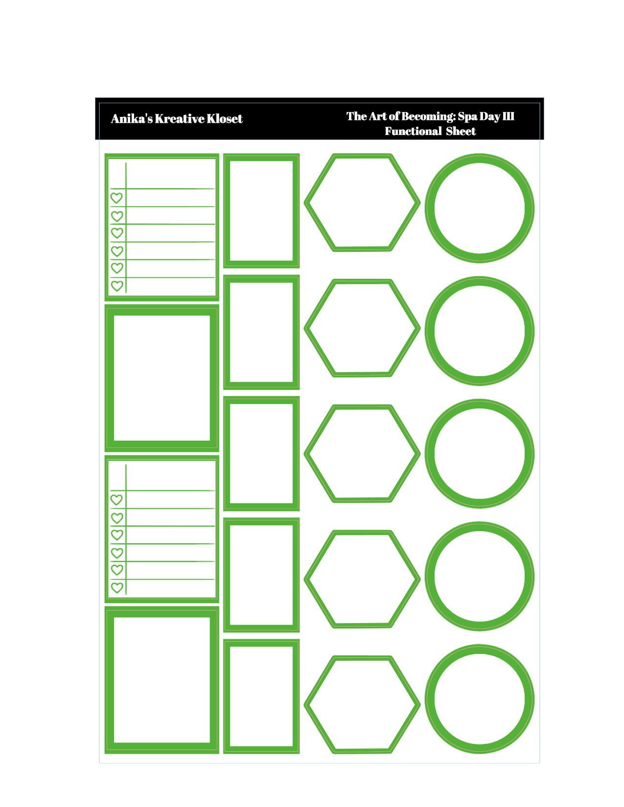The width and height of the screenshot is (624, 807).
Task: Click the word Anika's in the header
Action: pos(132,118)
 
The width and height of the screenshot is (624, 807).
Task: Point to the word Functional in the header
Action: pos(413,131)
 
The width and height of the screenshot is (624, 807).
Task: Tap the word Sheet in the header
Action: pos(461,131)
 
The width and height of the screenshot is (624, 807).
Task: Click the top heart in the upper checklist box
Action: pos(116,198)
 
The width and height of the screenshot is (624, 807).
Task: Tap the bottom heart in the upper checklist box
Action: pos(117,286)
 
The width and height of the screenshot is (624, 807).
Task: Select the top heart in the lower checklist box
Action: pos(116,500)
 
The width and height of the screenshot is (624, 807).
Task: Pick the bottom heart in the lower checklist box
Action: pos(117,587)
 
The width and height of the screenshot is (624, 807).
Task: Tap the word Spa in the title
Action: pos(467,116)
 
